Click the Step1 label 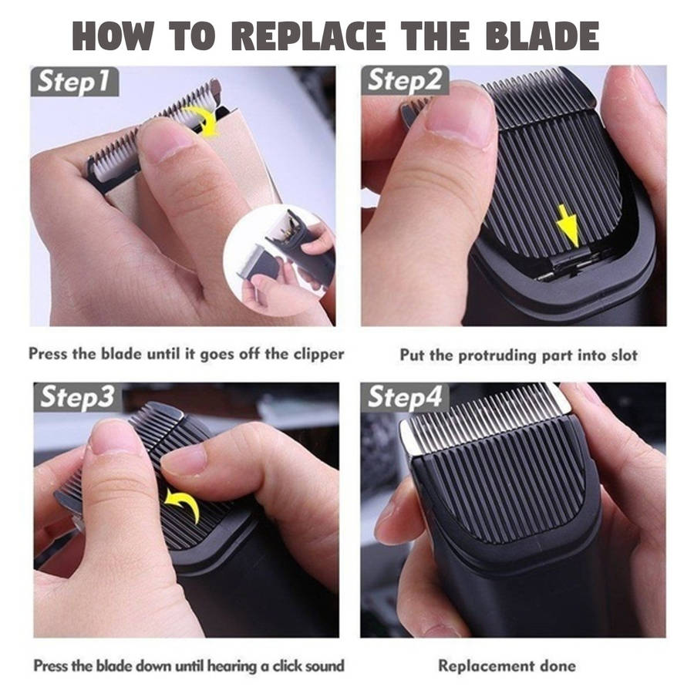(x=74, y=82)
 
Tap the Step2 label (x=405, y=80)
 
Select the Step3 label (x=78, y=397)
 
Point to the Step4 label (x=405, y=396)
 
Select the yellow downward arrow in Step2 (x=568, y=226)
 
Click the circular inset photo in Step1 (x=279, y=261)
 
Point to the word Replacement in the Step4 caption (x=485, y=666)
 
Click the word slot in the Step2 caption (x=625, y=355)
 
